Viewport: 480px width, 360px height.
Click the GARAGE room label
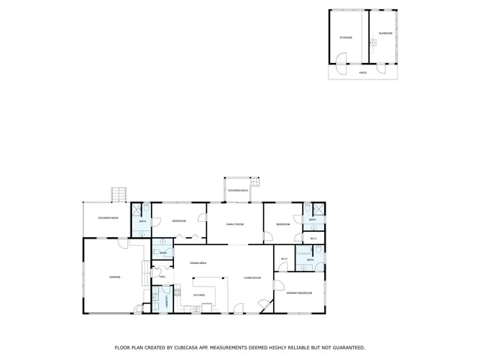pos(115,277)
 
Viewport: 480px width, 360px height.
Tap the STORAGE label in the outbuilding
pos(346,37)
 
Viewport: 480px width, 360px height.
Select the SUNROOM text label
pos(385,33)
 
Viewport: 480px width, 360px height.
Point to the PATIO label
pos(363,73)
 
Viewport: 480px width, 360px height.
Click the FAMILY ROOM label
pos(235,224)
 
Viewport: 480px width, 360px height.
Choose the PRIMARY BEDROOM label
pos(298,292)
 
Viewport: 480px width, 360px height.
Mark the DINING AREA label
pos(199,263)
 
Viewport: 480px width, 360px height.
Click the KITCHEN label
pos(199,295)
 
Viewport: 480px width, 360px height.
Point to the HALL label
pos(162,277)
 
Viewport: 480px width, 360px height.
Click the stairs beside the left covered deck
pos(117,195)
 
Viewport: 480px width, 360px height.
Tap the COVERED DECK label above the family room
pos(238,190)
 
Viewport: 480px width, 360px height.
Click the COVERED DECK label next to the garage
pos(109,218)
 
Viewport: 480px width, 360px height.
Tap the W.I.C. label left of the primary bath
pos(284,259)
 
